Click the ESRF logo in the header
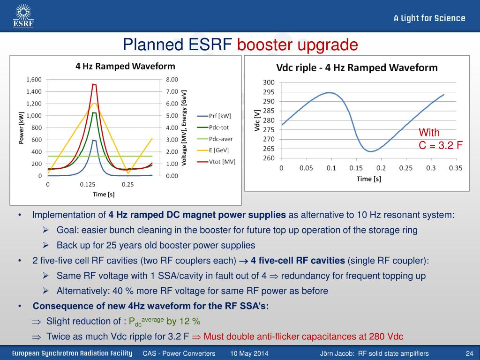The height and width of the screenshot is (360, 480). (x=23, y=15)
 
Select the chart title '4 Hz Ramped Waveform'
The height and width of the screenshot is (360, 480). (x=125, y=66)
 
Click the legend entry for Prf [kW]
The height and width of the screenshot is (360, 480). (x=214, y=116)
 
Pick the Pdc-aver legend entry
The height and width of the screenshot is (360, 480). (x=215, y=139)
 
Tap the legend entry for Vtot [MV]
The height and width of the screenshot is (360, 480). (x=216, y=162)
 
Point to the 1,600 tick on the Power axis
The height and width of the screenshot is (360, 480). (x=34, y=80)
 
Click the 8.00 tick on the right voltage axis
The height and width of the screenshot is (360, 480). (x=172, y=80)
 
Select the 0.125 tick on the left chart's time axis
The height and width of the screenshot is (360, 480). (x=88, y=184)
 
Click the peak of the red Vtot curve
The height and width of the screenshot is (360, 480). (x=94, y=84)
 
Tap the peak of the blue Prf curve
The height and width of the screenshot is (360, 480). (x=94, y=140)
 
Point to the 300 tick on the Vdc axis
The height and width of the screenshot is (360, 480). (x=269, y=82)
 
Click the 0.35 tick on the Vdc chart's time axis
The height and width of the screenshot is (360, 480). (x=456, y=168)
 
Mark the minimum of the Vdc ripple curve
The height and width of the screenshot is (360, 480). (x=371, y=151)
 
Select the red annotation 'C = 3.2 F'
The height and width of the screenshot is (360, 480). (x=441, y=145)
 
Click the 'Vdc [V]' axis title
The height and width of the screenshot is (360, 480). (x=257, y=120)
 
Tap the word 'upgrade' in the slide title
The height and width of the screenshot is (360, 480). (x=328, y=45)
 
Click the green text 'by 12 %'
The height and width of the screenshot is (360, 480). (x=183, y=321)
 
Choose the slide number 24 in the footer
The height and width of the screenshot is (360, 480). (x=469, y=353)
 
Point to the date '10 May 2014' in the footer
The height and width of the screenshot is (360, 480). (x=249, y=353)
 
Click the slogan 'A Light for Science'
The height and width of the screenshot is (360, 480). (x=429, y=18)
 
